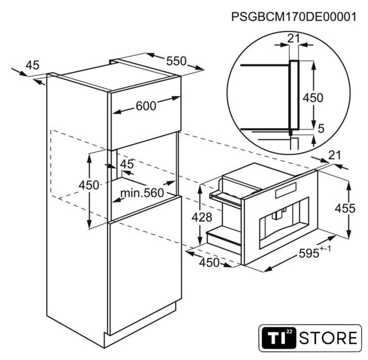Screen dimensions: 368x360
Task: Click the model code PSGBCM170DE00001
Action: click(294, 17)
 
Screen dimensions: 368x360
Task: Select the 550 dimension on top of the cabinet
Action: click(176, 61)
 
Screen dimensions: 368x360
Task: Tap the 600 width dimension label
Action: click(146, 106)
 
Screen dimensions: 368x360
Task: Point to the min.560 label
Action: click(142, 193)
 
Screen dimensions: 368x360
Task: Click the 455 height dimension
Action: click(345, 208)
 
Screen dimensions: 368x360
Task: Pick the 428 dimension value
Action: click(202, 217)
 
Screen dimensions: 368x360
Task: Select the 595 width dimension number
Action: click(309, 254)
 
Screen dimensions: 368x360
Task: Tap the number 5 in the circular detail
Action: click(321, 128)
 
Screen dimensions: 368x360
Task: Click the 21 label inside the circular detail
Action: click(294, 38)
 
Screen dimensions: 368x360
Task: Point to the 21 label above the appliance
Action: click(335, 155)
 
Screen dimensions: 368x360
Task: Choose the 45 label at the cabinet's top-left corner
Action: click(33, 65)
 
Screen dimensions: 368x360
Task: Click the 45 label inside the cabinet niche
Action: click(127, 164)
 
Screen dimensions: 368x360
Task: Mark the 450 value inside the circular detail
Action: click(313, 98)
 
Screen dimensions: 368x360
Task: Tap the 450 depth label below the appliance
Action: click(209, 263)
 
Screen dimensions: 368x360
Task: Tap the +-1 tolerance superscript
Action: click(325, 249)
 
